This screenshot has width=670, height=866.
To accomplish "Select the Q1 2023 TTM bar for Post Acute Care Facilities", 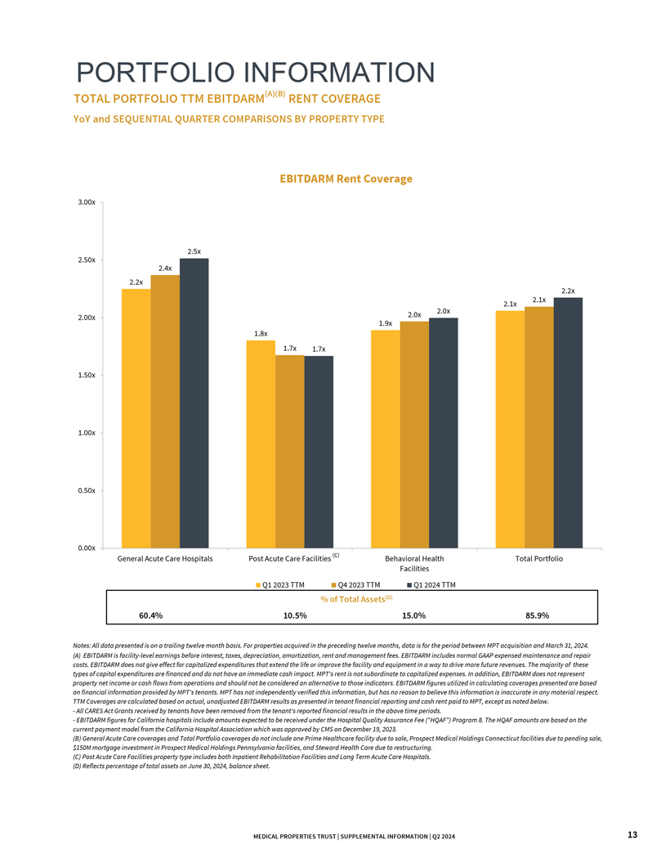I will [261, 444].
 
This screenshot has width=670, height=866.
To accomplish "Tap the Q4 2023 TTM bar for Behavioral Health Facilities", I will [414, 434].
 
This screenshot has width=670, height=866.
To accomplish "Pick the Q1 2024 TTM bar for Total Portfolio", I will [568, 422].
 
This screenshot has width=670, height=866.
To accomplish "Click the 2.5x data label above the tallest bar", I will [194, 251].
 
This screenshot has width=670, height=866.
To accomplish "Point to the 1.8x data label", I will [261, 333].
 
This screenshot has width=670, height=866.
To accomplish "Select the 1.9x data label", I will [386, 323].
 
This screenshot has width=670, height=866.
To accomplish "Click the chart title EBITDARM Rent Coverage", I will [346, 179].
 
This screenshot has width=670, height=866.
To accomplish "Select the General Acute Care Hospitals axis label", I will [165, 559].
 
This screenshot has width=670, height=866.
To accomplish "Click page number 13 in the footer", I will [632, 834].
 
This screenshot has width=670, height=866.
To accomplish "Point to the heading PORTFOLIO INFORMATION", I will [254, 73].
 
